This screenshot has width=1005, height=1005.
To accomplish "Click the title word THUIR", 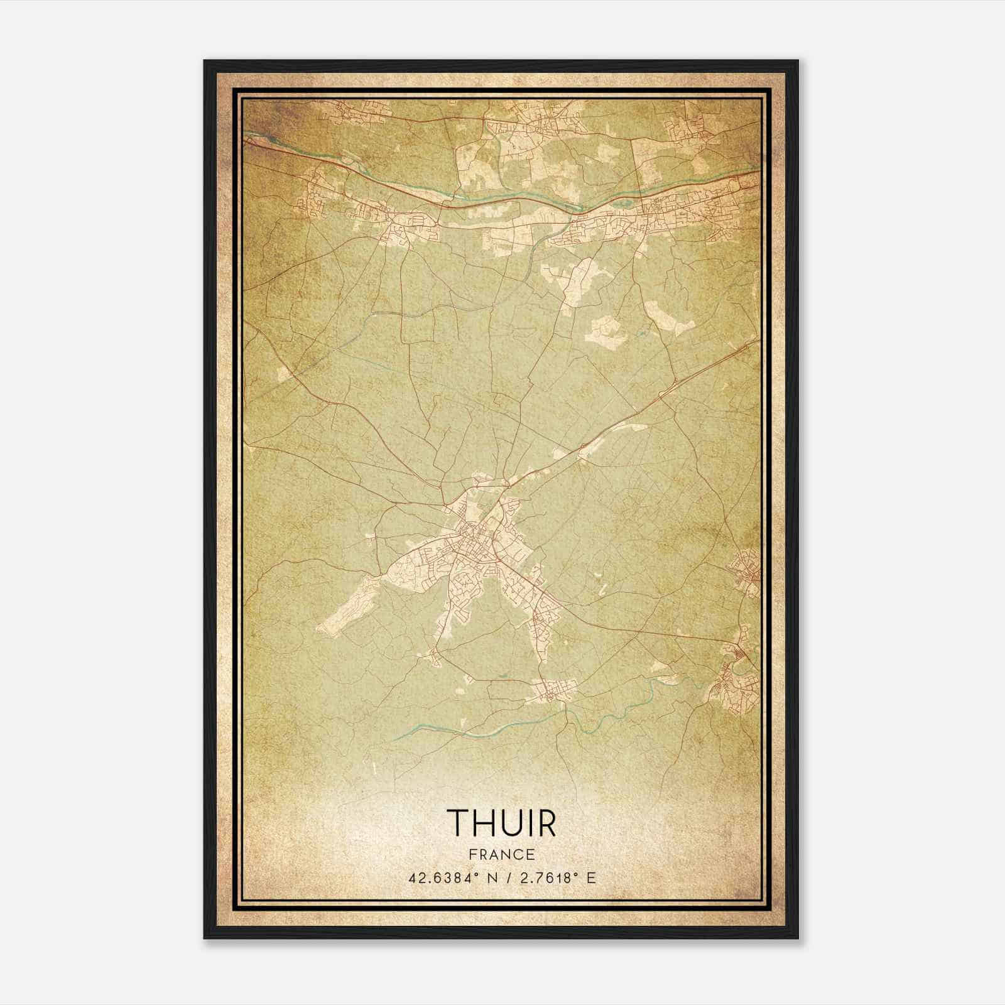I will coord(501,823).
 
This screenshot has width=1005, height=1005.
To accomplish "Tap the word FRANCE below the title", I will coord(501,855).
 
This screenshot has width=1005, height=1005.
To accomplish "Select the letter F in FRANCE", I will coord(472,855).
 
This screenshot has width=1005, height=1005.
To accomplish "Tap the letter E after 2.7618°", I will coord(590,878).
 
